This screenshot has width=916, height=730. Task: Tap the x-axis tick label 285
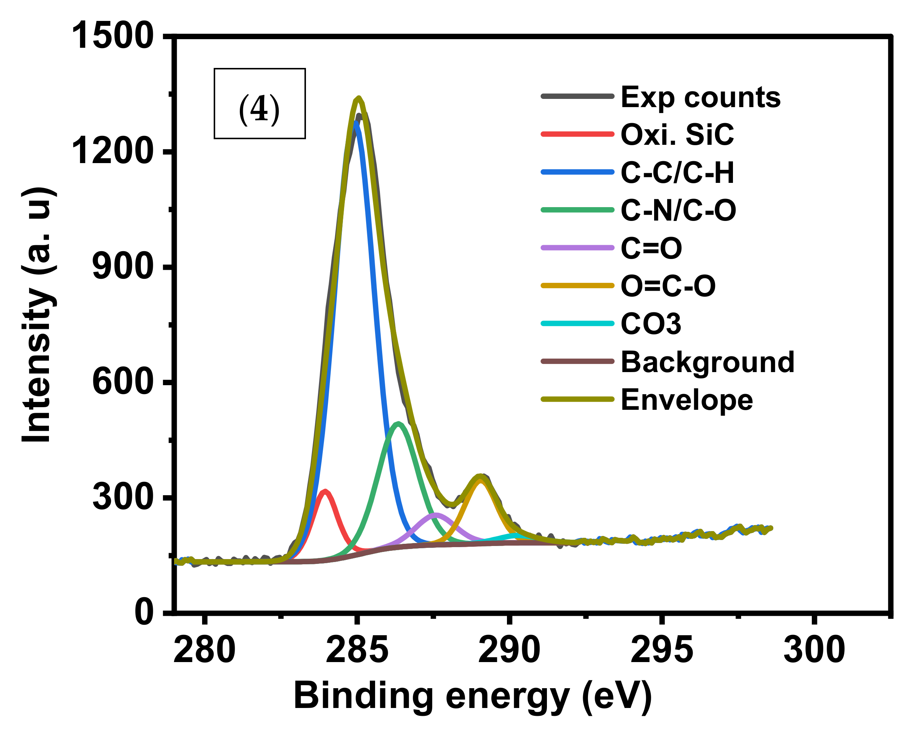click(x=357, y=651)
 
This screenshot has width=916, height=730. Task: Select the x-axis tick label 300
click(x=814, y=651)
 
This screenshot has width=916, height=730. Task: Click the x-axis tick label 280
click(x=204, y=651)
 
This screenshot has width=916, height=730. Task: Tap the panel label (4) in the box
click(x=259, y=109)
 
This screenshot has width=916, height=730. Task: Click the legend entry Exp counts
click(x=700, y=97)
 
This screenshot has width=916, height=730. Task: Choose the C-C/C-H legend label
click(x=677, y=173)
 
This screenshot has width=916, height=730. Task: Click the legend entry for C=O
click(x=651, y=249)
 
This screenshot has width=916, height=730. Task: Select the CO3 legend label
click(x=651, y=324)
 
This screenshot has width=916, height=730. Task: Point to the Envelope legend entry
click(x=687, y=400)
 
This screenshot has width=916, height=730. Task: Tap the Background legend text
click(x=708, y=362)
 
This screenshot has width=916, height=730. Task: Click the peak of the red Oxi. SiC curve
click(x=325, y=492)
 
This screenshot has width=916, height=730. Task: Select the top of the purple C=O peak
click(x=436, y=515)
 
